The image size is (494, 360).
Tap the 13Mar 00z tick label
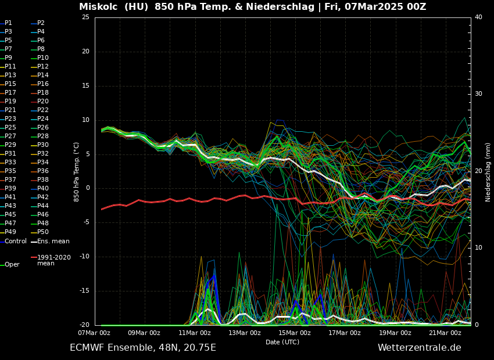pyautogui.click(x=245, y=333)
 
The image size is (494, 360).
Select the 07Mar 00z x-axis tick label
pyautogui.click(x=94, y=333)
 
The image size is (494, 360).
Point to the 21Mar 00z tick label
pyautogui.click(x=445, y=333)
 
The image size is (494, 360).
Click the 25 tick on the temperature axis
pyautogui.click(x=85, y=17)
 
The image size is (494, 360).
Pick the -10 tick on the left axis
pyautogui.click(x=84, y=257)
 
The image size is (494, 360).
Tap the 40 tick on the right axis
pyautogui.click(x=478, y=17)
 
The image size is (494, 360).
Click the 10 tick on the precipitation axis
pyautogui.click(x=478, y=248)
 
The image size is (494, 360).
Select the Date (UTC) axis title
pyautogui.click(x=282, y=342)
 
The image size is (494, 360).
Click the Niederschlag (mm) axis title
pyautogui.click(x=488, y=172)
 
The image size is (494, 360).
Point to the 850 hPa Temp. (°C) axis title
pyautogui.click(x=76, y=172)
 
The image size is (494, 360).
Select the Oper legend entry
pyautogui.click(x=12, y=264)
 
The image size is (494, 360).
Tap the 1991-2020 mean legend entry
pyautogui.click(x=53, y=260)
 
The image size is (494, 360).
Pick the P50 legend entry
pyautogui.click(x=43, y=232)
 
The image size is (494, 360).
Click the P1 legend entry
pyautogui.click(x=8, y=23)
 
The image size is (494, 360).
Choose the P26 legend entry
pyautogui.click(x=43, y=128)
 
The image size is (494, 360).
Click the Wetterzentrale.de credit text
pyautogui.click(x=419, y=348)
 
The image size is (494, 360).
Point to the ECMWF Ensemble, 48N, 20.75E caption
pyautogui.click(x=143, y=348)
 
